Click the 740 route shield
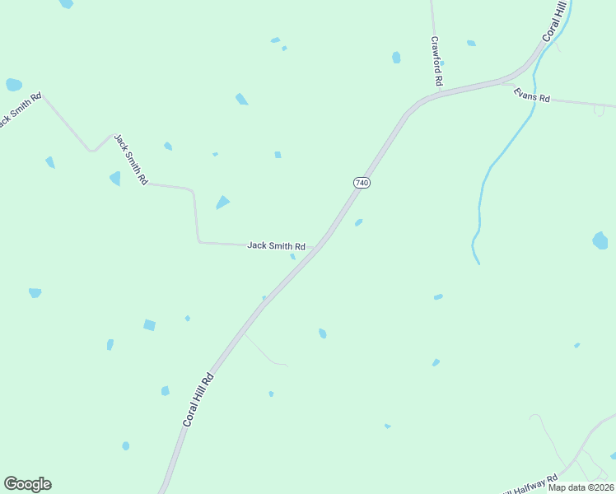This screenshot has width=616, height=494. pyautogui.click(x=362, y=182)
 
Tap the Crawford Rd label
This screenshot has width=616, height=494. pyautogui.click(x=436, y=62)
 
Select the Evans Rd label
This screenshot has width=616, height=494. pyautogui.click(x=531, y=96)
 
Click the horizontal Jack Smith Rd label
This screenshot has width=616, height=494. pyautogui.click(x=276, y=245)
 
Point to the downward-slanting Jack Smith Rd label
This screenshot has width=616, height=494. pyautogui.click(x=131, y=159)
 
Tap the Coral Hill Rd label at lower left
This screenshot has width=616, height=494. pyautogui.click(x=198, y=399)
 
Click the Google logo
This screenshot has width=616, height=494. pyautogui.click(x=27, y=484)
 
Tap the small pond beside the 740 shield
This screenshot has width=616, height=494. pyautogui.click(x=358, y=222)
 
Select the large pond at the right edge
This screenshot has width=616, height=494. pyautogui.click(x=600, y=240)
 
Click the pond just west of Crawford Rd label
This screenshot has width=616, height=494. pyautogui.click(x=396, y=58)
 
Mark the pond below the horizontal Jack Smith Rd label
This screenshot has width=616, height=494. pyautogui.click(x=292, y=256)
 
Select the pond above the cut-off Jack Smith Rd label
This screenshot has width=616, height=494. pyautogui.click(x=13, y=84)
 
